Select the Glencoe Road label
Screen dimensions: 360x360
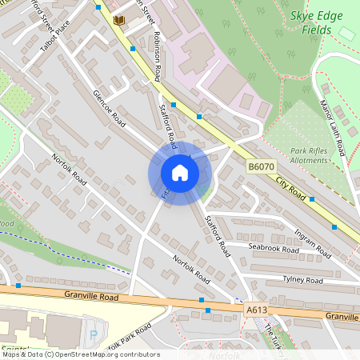pyautogui.click(x=109, y=109)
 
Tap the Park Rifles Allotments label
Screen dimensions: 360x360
pyautogui.click(x=309, y=155)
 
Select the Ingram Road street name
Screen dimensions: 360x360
pyautogui.click(x=312, y=238)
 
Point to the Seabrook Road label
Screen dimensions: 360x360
pyautogui.click(x=274, y=250)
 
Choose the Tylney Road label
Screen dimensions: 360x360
pyautogui.click(x=302, y=281)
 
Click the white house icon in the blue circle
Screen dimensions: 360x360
pyautogui.click(x=179, y=173)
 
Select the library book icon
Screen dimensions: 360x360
pyautogui.click(x=120, y=19)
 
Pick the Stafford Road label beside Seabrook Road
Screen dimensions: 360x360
pyautogui.click(x=217, y=232)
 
